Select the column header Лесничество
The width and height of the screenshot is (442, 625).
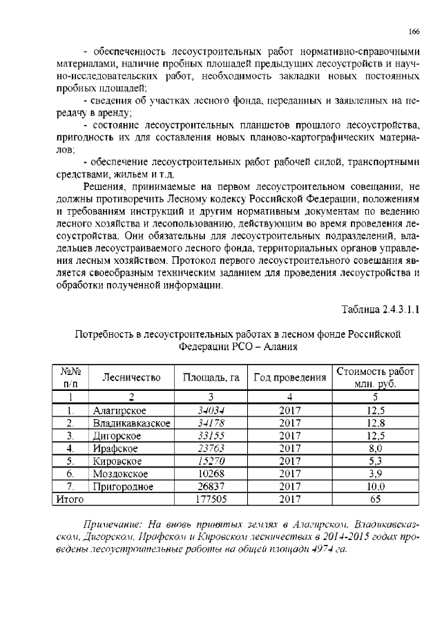point(131,377)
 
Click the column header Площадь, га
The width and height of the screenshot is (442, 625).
point(211,377)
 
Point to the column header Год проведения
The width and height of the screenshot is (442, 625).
point(290,377)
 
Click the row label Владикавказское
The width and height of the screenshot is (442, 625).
point(131,423)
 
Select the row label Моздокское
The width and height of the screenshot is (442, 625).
point(117,473)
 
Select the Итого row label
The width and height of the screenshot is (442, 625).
point(69,498)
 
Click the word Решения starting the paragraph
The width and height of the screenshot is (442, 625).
point(105,186)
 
